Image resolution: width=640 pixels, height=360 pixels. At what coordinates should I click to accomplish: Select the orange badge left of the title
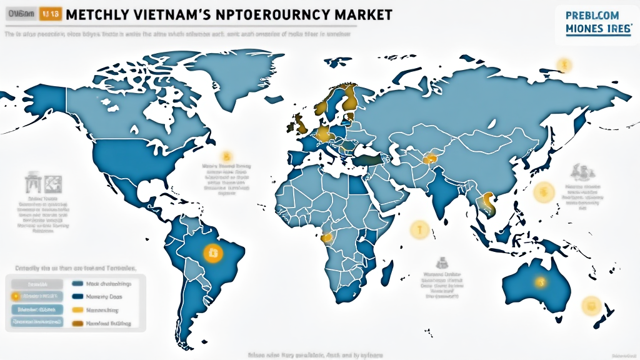(50, 13)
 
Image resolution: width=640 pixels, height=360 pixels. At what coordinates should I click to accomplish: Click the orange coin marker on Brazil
(212, 252)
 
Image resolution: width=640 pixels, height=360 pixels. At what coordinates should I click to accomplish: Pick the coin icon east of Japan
(544, 194)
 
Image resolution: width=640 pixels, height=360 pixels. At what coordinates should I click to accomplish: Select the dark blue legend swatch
(78, 296)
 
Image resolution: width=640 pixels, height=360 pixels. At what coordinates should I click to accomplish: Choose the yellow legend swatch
(78, 310)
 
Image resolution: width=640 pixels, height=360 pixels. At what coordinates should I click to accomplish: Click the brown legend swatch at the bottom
(78, 324)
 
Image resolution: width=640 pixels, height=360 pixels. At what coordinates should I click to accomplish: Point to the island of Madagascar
(387, 273)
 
